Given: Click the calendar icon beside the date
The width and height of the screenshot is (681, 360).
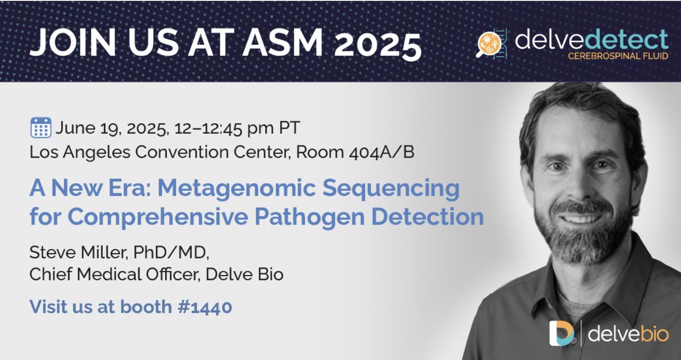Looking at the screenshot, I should [x=41, y=128].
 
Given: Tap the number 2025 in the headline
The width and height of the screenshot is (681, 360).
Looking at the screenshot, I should [x=379, y=43].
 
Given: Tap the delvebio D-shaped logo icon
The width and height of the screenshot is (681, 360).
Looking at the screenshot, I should [x=561, y=333].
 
